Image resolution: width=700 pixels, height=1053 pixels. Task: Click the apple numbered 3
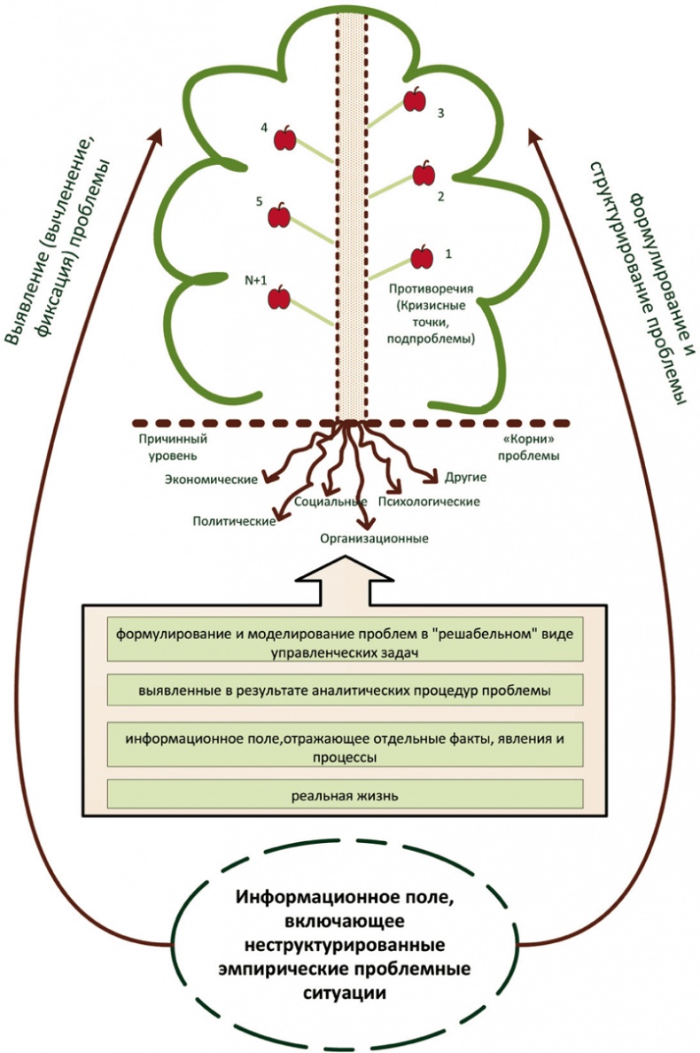point(415,100)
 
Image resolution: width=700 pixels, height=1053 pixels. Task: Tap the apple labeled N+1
point(279,297)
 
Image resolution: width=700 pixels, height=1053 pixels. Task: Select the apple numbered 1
point(423,257)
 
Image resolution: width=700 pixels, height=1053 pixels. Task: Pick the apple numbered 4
point(285,139)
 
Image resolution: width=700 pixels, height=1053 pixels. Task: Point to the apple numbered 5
point(279,214)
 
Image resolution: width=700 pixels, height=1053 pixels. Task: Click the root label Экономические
point(212,480)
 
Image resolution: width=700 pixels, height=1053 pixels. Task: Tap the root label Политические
point(232,520)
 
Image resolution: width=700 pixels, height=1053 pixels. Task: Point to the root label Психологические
point(429,502)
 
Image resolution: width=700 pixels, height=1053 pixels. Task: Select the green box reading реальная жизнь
point(345,795)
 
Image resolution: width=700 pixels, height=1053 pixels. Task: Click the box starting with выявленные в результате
point(345,690)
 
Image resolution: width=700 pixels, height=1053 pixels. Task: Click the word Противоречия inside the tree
point(432,288)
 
